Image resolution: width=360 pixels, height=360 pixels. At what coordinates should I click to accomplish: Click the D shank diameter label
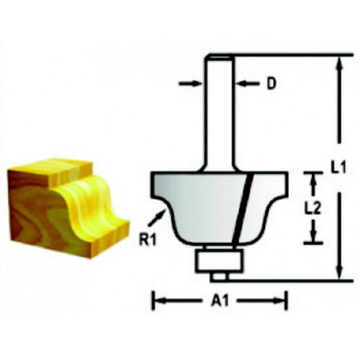pos(272,84)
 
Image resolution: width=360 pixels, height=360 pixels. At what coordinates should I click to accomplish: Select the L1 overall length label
pos(338,167)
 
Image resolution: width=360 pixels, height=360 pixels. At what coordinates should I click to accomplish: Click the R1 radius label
pos(148,241)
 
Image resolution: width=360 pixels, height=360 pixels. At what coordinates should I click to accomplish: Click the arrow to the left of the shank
pos(189,83)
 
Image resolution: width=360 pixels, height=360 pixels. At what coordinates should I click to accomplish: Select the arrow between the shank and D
pos(248,84)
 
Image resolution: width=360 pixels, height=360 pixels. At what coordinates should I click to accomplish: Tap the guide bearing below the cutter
pos(219,261)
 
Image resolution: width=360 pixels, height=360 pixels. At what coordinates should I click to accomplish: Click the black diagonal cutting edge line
pos(241,207)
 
